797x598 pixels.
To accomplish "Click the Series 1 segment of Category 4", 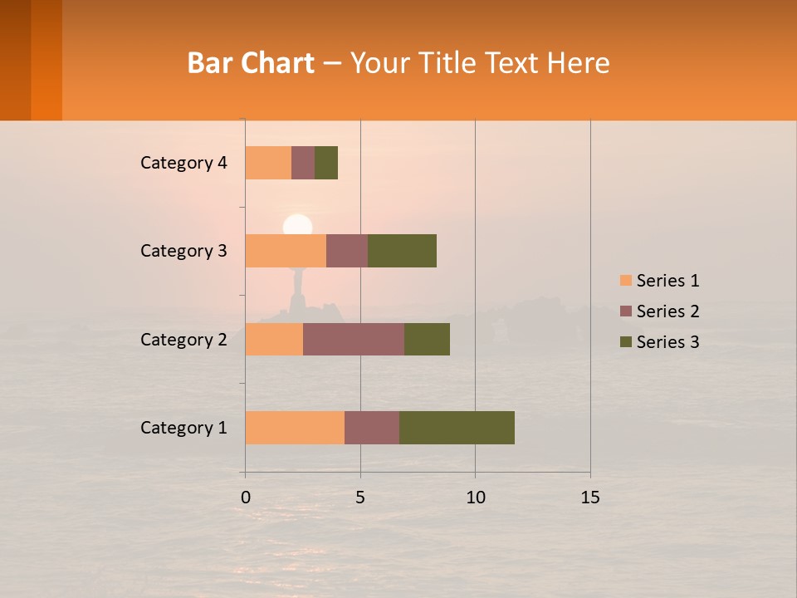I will [268, 163].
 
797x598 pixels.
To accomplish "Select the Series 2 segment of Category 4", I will [303, 163].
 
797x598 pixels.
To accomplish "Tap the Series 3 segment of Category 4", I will [326, 163].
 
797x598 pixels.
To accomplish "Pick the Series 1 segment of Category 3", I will [286, 251].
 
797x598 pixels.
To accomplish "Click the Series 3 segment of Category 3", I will [402, 251].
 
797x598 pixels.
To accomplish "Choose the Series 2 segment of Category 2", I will [354, 339].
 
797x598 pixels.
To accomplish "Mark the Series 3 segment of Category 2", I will [427, 339].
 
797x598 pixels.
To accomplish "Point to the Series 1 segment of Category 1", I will [295, 428].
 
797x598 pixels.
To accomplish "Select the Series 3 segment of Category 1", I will [457, 428].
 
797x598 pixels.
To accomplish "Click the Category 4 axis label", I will [183, 163].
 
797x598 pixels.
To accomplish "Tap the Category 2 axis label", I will [183, 339].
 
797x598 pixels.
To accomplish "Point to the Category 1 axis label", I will [183, 428].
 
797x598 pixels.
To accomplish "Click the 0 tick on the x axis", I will [246, 498].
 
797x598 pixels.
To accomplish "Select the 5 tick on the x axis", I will [360, 498].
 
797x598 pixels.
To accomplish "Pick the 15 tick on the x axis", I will [590, 498].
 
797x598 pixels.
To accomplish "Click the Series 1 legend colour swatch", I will [625, 281].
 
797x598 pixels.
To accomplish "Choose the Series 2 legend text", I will [667, 311].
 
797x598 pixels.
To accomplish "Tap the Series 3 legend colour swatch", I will [625, 342].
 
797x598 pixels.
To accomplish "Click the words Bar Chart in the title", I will [251, 63].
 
